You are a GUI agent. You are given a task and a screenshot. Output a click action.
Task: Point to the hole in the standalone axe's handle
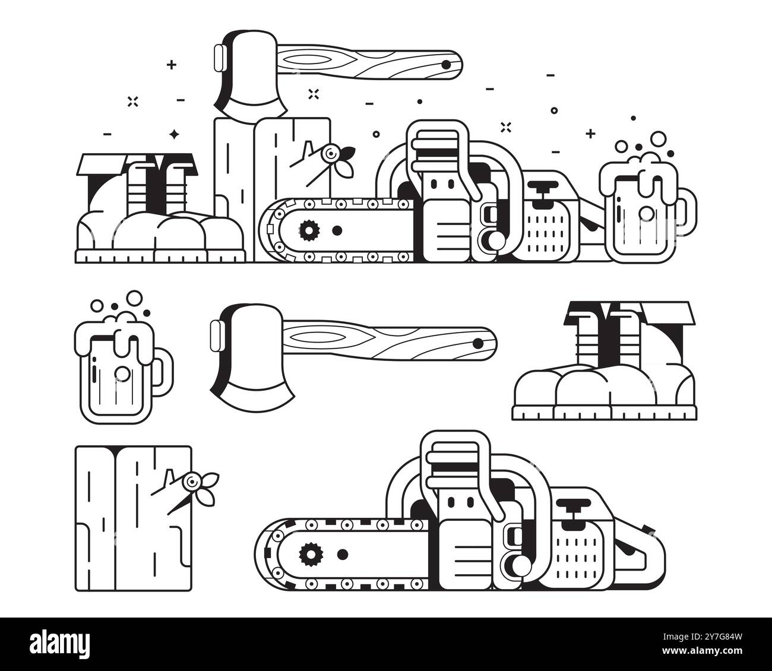pos(477,343)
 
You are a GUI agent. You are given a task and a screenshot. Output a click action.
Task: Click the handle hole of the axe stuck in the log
pos(445,64)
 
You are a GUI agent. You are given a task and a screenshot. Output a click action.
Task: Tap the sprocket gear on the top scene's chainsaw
pos(308,229)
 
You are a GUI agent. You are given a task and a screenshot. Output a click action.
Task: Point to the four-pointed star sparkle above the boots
pos(174,134)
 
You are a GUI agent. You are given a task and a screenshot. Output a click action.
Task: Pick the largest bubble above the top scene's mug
pos(659,139)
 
